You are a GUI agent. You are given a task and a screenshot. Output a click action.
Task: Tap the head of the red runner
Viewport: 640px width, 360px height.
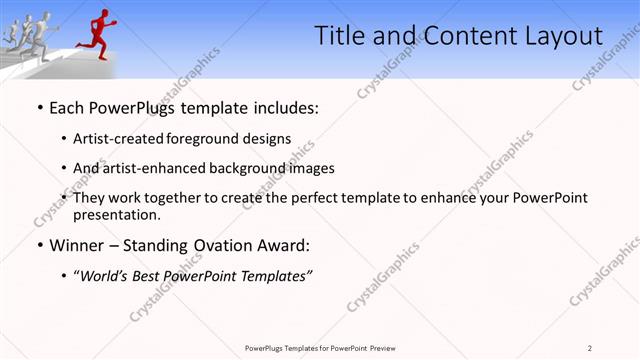(x=103, y=13)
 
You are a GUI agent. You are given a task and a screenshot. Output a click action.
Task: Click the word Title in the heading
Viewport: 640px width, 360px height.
(x=340, y=37)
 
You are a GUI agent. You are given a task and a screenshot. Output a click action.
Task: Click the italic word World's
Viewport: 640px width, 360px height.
(x=106, y=275)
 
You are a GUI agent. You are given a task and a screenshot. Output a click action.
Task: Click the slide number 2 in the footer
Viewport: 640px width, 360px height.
(x=590, y=348)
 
